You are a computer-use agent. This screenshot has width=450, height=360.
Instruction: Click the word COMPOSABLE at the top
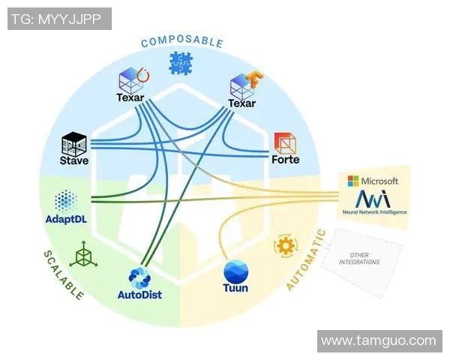[x=181, y=42]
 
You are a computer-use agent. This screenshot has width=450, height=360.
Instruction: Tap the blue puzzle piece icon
[x=181, y=63]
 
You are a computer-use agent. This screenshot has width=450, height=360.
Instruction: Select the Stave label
[x=74, y=160]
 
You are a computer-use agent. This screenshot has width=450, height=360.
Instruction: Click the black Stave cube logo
[x=75, y=142]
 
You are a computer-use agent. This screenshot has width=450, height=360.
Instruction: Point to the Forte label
[x=285, y=160]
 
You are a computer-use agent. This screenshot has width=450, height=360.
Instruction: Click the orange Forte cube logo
[x=285, y=142]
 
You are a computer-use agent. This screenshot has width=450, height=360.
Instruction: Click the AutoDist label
[x=139, y=295]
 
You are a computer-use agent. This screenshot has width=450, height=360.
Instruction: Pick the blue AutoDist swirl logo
[x=139, y=277]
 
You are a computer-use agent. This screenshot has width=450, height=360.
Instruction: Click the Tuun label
[x=235, y=289]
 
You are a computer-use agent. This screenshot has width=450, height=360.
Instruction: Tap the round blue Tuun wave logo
[x=235, y=269]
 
